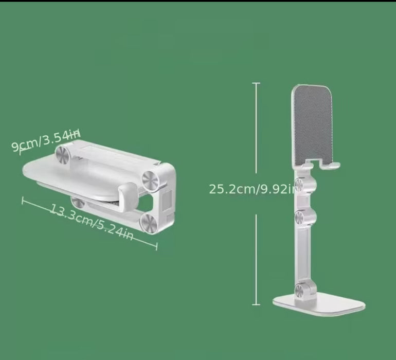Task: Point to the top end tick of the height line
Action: (256, 83)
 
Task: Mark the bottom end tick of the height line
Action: (256, 305)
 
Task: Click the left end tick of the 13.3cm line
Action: (23, 201)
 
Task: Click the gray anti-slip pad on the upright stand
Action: (312, 123)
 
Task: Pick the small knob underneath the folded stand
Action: (78, 201)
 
